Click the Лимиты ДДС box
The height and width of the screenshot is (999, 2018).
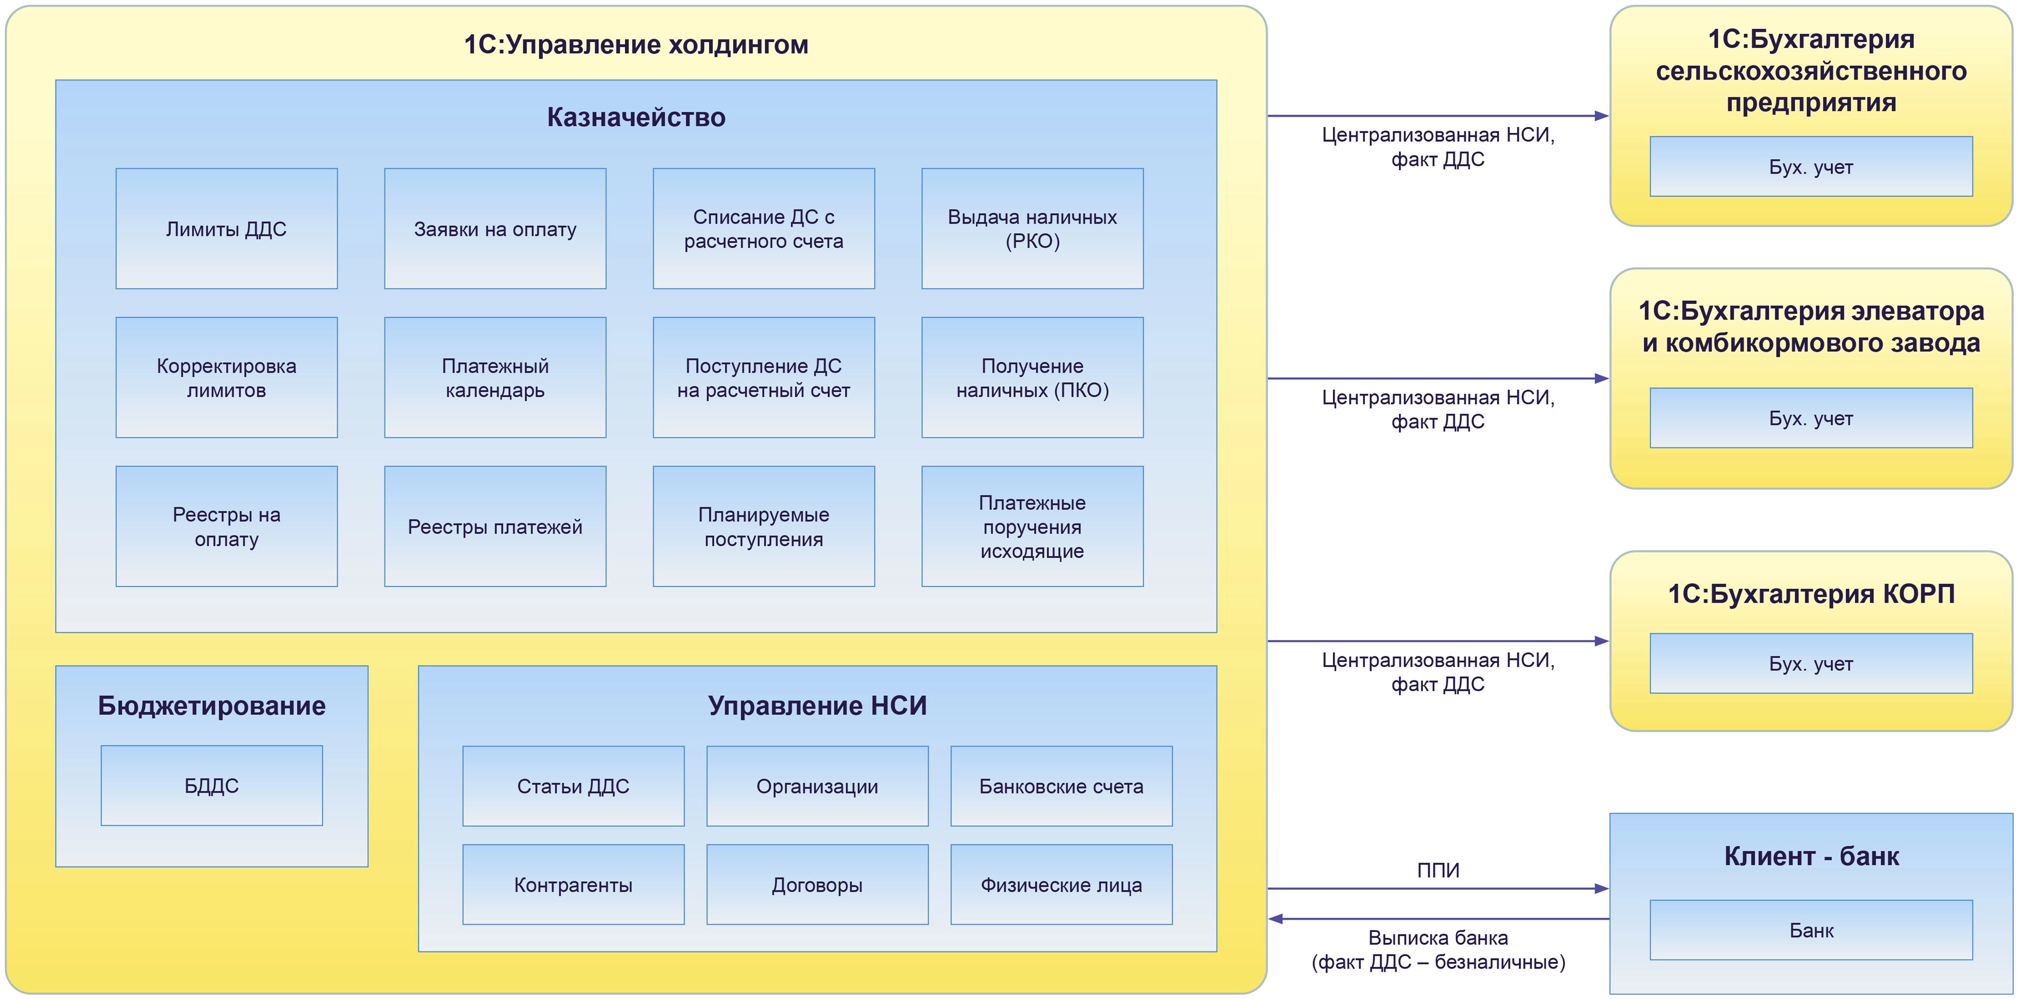click(x=226, y=229)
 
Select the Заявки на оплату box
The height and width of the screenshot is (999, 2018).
click(x=495, y=229)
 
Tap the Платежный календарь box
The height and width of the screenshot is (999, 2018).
click(x=495, y=378)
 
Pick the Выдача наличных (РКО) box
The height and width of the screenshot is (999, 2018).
click(x=1032, y=229)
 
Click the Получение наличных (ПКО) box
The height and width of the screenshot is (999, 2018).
click(x=1032, y=378)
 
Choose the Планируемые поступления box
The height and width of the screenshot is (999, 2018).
click(x=763, y=527)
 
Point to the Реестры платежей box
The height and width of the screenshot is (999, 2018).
click(x=495, y=527)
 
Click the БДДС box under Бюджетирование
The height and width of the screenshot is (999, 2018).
click(x=212, y=786)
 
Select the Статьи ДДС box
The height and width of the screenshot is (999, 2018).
click(x=573, y=786)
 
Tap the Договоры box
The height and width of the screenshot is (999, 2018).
click(x=817, y=884)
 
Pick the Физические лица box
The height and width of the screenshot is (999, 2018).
click(x=1061, y=884)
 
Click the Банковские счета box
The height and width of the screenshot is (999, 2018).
click(x=1061, y=786)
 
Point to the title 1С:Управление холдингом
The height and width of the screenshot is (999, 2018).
click(x=636, y=45)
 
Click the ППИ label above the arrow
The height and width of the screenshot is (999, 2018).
click(x=1438, y=870)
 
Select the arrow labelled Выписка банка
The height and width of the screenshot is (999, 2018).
click(x=1438, y=919)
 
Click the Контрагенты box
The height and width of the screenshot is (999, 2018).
click(x=573, y=884)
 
